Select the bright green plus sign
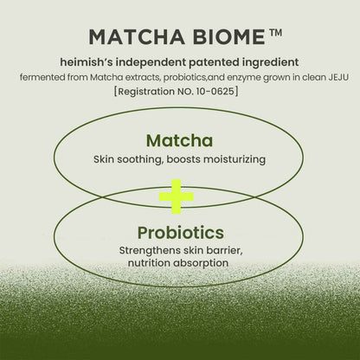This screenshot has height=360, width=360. click(180, 197)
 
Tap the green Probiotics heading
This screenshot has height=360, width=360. click(180, 234)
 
